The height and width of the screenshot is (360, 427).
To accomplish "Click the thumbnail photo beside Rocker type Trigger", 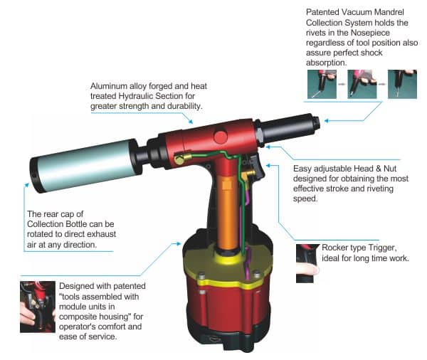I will [x=307, y=263].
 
